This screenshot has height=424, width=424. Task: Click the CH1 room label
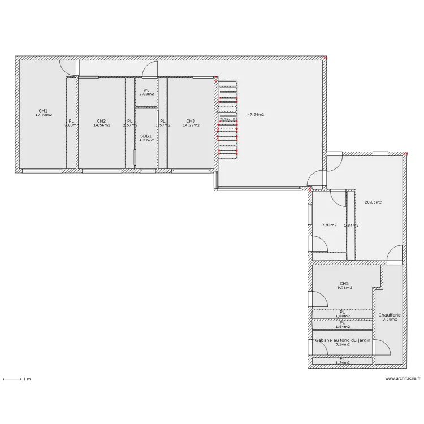tap(43, 111)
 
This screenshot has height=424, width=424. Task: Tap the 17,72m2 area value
tap(43, 115)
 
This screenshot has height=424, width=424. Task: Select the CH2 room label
tap(101, 121)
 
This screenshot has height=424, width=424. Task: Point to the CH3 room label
tap(191, 121)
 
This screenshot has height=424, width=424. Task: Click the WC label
tap(146, 90)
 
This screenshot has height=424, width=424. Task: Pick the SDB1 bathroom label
tap(146, 136)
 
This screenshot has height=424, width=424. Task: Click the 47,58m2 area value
tap(256, 114)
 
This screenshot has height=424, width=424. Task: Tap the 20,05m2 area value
tap(373, 202)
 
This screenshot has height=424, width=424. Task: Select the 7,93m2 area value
tap(329, 225)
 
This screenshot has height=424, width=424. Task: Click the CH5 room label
tap(344, 284)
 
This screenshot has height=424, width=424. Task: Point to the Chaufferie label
tap(390, 315)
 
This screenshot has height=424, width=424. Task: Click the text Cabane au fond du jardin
tap(343, 340)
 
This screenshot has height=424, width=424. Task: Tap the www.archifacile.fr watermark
tap(403, 379)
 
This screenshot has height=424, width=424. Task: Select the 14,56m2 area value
tap(101, 126)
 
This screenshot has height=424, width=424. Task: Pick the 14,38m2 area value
tap(191, 126)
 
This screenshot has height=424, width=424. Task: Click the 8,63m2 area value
tap(390, 319)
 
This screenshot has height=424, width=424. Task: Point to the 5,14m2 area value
tap(343, 344)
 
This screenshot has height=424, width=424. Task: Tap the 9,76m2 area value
tap(344, 288)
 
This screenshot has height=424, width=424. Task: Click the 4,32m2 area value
tap(146, 140)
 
